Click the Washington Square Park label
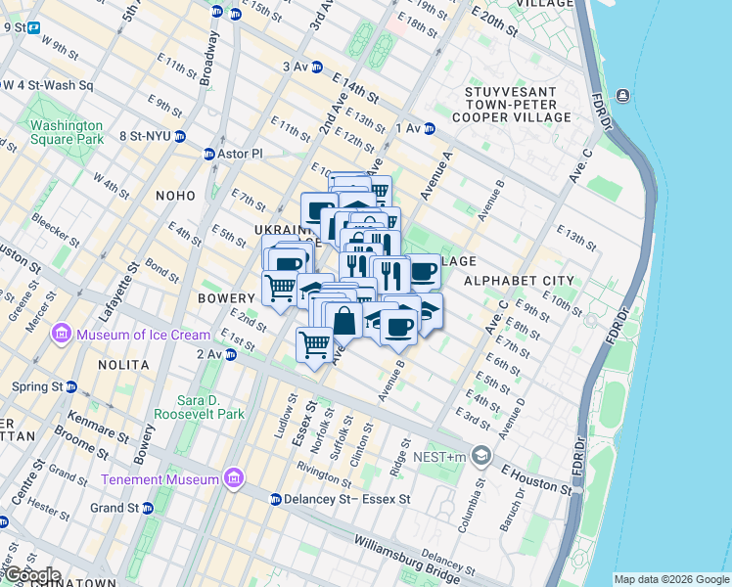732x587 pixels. [66, 132]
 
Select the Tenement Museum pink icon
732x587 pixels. [233, 478]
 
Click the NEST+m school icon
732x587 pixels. [480, 455]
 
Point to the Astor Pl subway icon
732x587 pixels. [208, 155]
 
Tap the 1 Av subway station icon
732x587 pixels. [429, 128]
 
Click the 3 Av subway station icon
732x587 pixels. [318, 67]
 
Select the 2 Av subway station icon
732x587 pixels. [230, 354]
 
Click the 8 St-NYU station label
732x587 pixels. [145, 136]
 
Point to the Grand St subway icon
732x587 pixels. [148, 509]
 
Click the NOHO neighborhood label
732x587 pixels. [175, 196]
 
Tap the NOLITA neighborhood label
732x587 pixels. [123, 365]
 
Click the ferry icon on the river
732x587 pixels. [623, 96]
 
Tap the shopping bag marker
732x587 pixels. [344, 320]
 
